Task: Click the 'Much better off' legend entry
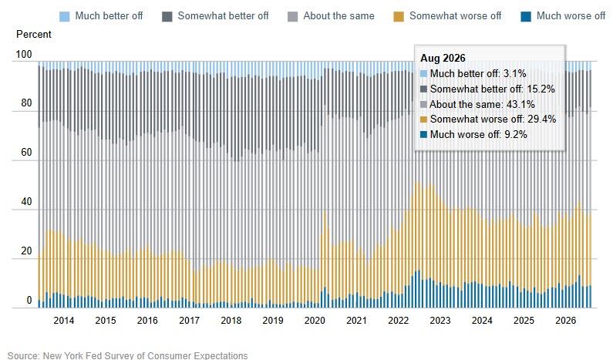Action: coord(101,16)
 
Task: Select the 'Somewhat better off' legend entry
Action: coord(215,16)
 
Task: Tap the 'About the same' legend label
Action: coord(338,16)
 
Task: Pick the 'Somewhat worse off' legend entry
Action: coord(448,16)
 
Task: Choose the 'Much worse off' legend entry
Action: coord(564,16)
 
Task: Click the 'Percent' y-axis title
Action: coord(34,35)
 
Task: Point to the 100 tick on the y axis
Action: coord(23,54)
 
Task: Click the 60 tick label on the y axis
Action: coord(26,152)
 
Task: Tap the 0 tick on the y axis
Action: coord(29,300)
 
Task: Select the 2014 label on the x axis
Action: coord(64,321)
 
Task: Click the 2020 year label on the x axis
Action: coord(315,321)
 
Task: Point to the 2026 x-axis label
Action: coord(566,321)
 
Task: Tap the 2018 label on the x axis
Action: coord(231,321)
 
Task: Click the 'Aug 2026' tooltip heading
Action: coord(443,59)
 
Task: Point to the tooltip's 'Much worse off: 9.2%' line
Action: coord(473,134)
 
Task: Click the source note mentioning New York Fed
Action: coord(127,355)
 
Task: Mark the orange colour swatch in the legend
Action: coord(399,16)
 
